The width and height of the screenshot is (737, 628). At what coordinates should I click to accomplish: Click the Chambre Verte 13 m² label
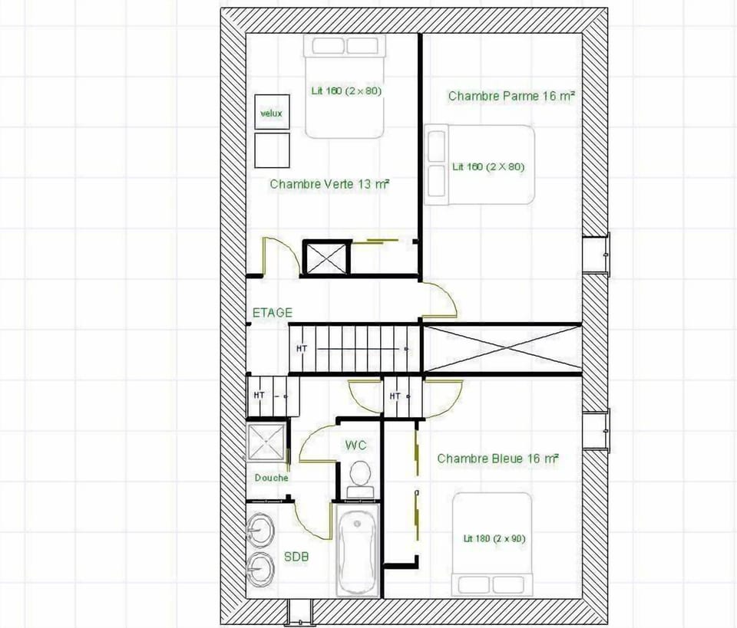329,184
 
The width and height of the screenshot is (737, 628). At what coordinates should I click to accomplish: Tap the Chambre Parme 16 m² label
511,96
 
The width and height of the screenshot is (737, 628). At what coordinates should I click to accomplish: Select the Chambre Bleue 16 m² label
497,459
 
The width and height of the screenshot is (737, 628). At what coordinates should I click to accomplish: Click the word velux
271,113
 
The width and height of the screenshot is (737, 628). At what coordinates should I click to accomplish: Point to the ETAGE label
273,313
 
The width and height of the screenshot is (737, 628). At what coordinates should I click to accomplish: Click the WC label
355,446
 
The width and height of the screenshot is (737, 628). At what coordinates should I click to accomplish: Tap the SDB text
296,557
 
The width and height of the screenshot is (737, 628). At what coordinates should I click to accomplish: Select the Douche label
272,478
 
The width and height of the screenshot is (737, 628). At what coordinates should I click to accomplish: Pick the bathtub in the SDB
358,548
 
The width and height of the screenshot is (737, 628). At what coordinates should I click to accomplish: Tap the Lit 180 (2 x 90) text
494,539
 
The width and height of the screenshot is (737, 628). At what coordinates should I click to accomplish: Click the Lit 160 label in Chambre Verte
346,90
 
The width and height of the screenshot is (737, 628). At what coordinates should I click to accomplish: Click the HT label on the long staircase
302,349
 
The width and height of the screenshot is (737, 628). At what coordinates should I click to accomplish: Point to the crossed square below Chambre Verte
327,258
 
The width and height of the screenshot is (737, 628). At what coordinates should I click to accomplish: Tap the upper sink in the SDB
261,530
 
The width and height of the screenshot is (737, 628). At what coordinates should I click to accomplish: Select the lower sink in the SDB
261,569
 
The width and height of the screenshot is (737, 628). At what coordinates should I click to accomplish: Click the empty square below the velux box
272,150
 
